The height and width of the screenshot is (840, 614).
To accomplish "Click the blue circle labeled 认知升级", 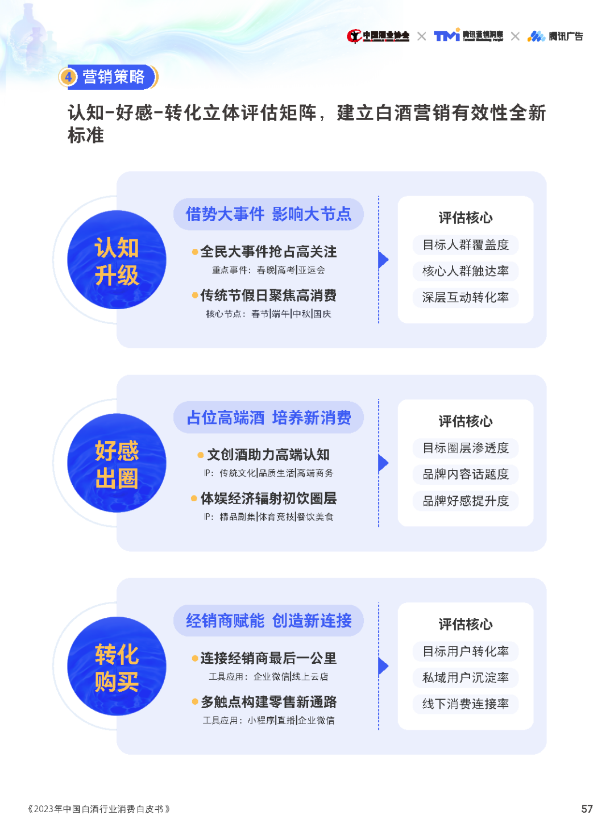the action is tap(117, 260).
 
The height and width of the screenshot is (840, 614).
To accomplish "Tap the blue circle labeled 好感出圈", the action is tap(117, 463).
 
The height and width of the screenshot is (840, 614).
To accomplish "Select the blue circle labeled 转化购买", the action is tap(117, 666).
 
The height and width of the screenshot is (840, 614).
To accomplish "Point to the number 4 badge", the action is tap(68, 77).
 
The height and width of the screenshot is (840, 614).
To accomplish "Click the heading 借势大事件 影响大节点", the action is tap(268, 214).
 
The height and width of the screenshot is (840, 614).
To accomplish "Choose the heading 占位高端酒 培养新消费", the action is tap(268, 418).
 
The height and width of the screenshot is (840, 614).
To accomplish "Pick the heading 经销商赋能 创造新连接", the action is tap(268, 621).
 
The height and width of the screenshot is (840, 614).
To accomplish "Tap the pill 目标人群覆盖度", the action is tap(466, 245).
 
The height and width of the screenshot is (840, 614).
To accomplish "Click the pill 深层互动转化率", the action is tap(466, 297).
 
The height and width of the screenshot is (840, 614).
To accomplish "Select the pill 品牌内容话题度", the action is tap(466, 475).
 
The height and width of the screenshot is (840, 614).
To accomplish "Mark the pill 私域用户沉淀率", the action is tap(466, 677).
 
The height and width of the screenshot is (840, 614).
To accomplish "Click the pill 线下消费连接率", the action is tap(466, 704).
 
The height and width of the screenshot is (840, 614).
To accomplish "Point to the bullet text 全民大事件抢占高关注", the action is tap(268, 252).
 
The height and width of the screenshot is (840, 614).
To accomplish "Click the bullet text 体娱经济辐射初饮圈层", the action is tap(268, 498).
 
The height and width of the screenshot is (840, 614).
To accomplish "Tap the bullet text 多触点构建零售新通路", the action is tap(268, 702).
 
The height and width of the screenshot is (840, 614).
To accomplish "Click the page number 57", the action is tap(587, 809).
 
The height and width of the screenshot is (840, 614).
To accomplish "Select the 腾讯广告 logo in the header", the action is tap(555, 36).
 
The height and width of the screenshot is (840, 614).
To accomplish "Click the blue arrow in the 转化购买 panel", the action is tap(384, 666).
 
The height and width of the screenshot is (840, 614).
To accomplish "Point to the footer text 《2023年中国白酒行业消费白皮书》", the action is tap(99, 809).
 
